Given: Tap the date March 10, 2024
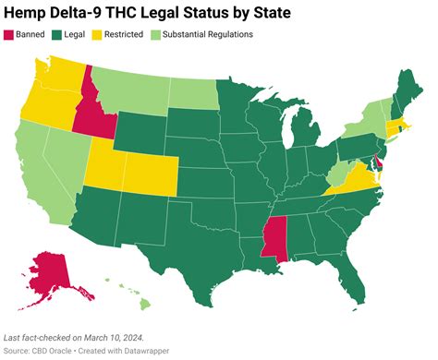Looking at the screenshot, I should tap(107, 337).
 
